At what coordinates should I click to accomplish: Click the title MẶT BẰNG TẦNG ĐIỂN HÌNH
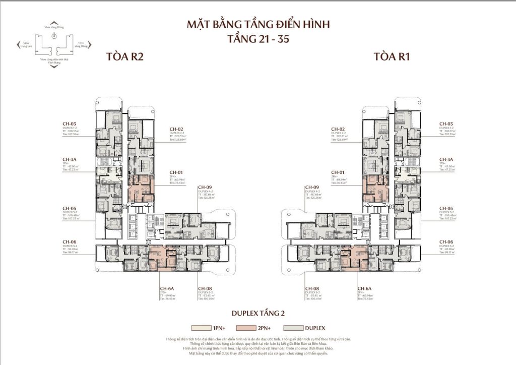(x=257, y=24)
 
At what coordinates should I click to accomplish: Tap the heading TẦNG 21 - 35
(x=257, y=39)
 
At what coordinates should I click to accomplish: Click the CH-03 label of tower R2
(x=69, y=124)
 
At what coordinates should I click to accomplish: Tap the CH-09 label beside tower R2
(x=205, y=187)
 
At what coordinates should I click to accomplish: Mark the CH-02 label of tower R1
(x=338, y=130)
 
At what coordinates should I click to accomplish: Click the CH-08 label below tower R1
(x=312, y=289)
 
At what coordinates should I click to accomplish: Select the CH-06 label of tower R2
(x=69, y=242)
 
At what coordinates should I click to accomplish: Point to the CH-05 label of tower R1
(x=446, y=208)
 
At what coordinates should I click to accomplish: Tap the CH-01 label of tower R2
(x=176, y=172)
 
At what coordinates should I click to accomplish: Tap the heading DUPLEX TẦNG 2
(x=257, y=313)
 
